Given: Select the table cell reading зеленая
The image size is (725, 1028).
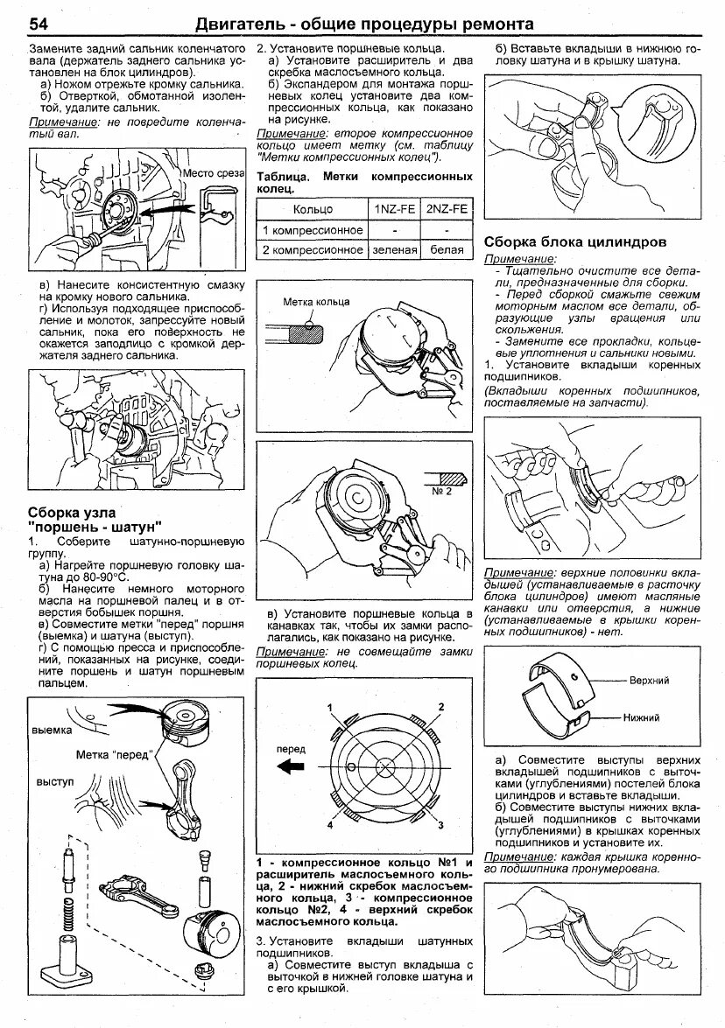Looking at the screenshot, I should tap(394, 249).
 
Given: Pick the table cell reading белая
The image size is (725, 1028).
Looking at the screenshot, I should tap(446, 249).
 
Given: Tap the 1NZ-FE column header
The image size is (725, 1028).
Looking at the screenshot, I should tap(394, 210).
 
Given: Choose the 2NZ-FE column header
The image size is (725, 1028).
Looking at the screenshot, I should tap(446, 210).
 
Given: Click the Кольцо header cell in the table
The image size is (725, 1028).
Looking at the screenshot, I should tap(313, 210).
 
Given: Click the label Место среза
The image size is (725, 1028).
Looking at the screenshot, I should tap(211, 173).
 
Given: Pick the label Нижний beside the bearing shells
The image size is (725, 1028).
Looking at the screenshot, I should tap(642, 717).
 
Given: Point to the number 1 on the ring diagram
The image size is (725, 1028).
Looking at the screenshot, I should tap(330, 706).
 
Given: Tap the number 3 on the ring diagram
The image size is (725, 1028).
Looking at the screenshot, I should tap(442, 824).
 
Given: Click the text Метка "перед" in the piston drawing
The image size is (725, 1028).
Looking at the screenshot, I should tap(115, 754).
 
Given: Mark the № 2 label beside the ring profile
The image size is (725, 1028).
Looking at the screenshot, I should tap(441, 492).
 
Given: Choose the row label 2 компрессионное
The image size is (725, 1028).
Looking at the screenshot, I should tap(313, 249).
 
